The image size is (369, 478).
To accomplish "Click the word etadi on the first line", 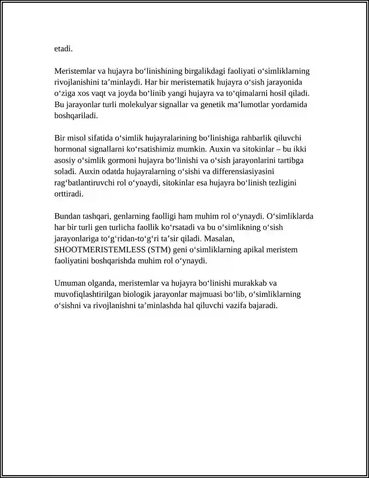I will coord(64,48).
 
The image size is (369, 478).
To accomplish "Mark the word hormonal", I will coord(71,149).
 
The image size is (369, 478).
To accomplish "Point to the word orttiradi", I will coord(69,194).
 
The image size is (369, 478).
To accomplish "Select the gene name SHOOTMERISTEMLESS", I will coord(95,250).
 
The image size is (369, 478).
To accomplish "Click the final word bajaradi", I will coord(261,305).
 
